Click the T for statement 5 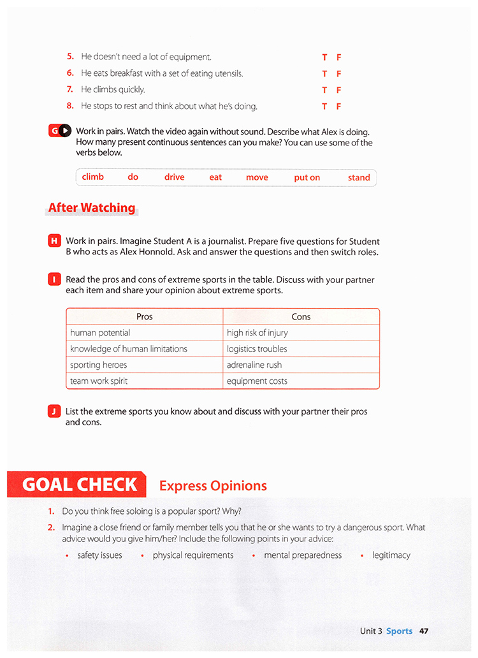pyautogui.click(x=324, y=57)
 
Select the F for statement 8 pyautogui.click(x=339, y=106)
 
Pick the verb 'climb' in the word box pyautogui.click(x=93, y=177)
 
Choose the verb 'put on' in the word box pyautogui.click(x=307, y=177)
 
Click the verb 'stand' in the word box pyautogui.click(x=359, y=177)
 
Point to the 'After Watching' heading pyautogui.click(x=92, y=208)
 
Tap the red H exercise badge pyautogui.click(x=54, y=241)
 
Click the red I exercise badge pyautogui.click(x=54, y=279)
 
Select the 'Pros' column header pyautogui.click(x=145, y=316)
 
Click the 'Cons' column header pyautogui.click(x=301, y=316)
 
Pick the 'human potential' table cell pyautogui.click(x=100, y=333)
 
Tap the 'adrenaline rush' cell pyautogui.click(x=254, y=365)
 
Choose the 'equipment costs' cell pyautogui.click(x=257, y=381)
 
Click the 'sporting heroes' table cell pyautogui.click(x=99, y=365)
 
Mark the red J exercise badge pyautogui.click(x=54, y=411)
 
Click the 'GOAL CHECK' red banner pyautogui.click(x=79, y=485)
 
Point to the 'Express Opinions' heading pyautogui.click(x=213, y=486)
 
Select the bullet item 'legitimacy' pyautogui.click(x=391, y=555)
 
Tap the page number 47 pyautogui.click(x=424, y=631)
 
